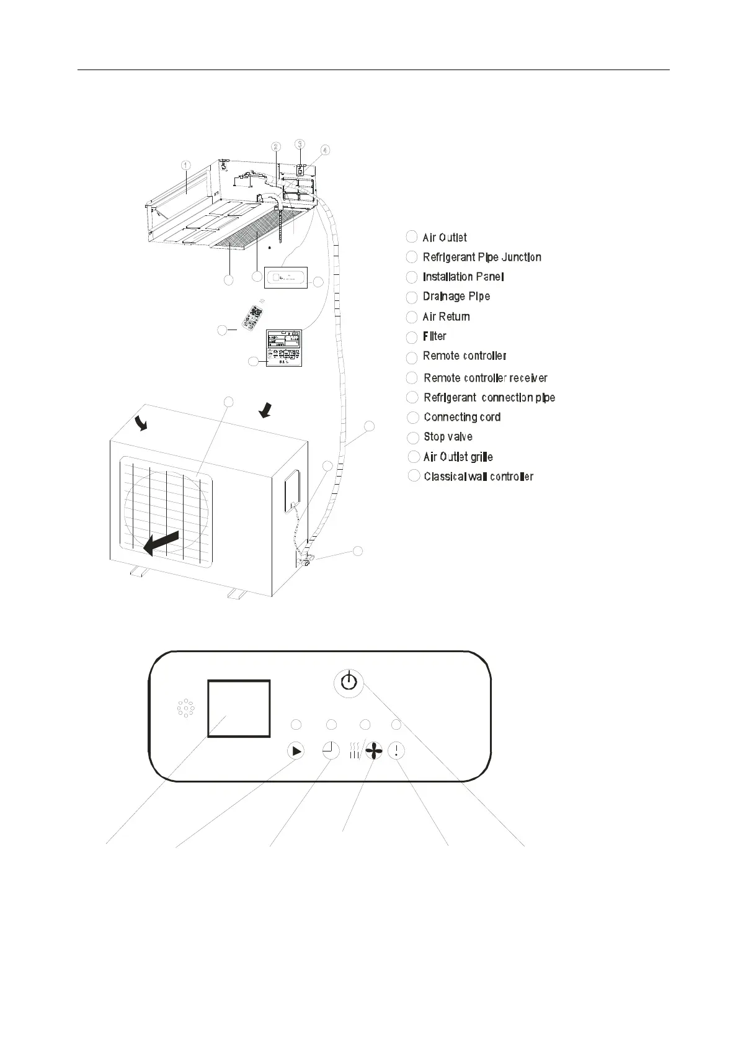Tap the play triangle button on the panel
296,751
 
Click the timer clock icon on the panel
331,751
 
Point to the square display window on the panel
239,708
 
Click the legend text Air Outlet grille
458,457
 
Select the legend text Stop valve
448,437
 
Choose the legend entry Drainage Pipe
456,297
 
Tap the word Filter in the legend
434,336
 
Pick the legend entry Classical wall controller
478,477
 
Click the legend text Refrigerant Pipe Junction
481,257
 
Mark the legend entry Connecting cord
461,417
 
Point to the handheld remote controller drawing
251,315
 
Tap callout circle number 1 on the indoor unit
185,165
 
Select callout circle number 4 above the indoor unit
326,150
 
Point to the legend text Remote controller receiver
485,378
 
